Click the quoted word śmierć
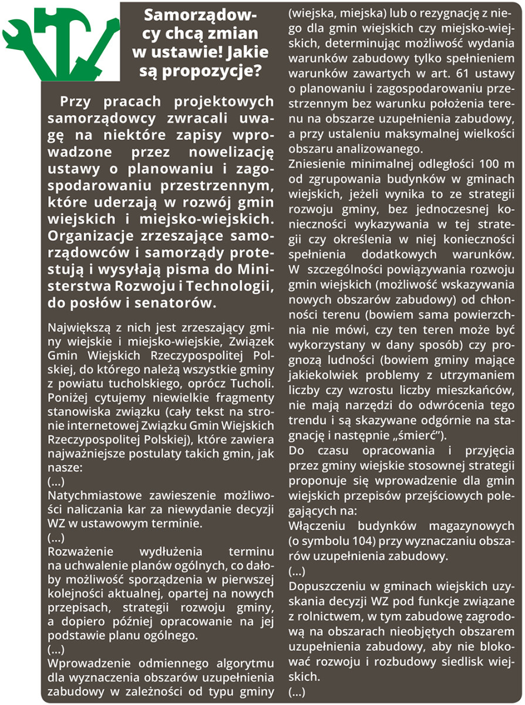tap(424, 435)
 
